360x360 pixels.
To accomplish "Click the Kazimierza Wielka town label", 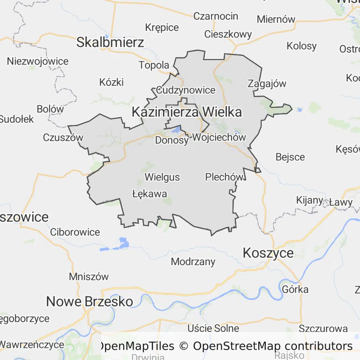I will click(x=187, y=112).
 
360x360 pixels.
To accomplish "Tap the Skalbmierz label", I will click(x=110, y=43).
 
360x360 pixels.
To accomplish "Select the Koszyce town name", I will click(x=268, y=253).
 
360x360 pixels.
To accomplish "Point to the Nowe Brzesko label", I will click(x=89, y=301).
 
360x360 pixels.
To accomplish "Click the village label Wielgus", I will click(x=162, y=177).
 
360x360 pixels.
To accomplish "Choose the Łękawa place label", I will click(x=150, y=193).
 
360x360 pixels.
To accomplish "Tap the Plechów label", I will click(x=225, y=177).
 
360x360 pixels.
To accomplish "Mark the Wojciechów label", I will click(x=219, y=137).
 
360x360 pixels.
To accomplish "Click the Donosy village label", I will click(x=172, y=140).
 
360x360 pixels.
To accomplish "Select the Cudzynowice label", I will click(x=186, y=90).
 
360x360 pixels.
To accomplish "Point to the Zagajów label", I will click(x=266, y=83).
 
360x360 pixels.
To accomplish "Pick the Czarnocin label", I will click(x=216, y=16).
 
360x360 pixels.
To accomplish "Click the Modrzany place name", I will click(x=193, y=262).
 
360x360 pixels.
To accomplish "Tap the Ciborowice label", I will click(x=75, y=232).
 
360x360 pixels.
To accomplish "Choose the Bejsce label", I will click(x=290, y=157).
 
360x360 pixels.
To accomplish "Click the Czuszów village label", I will click(x=63, y=137).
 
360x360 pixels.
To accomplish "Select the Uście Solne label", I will click(x=213, y=328).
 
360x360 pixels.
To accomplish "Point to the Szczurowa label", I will click(x=323, y=328).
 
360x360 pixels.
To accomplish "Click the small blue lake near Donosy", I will click(x=177, y=129).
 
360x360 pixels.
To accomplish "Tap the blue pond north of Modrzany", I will click(x=123, y=242).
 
